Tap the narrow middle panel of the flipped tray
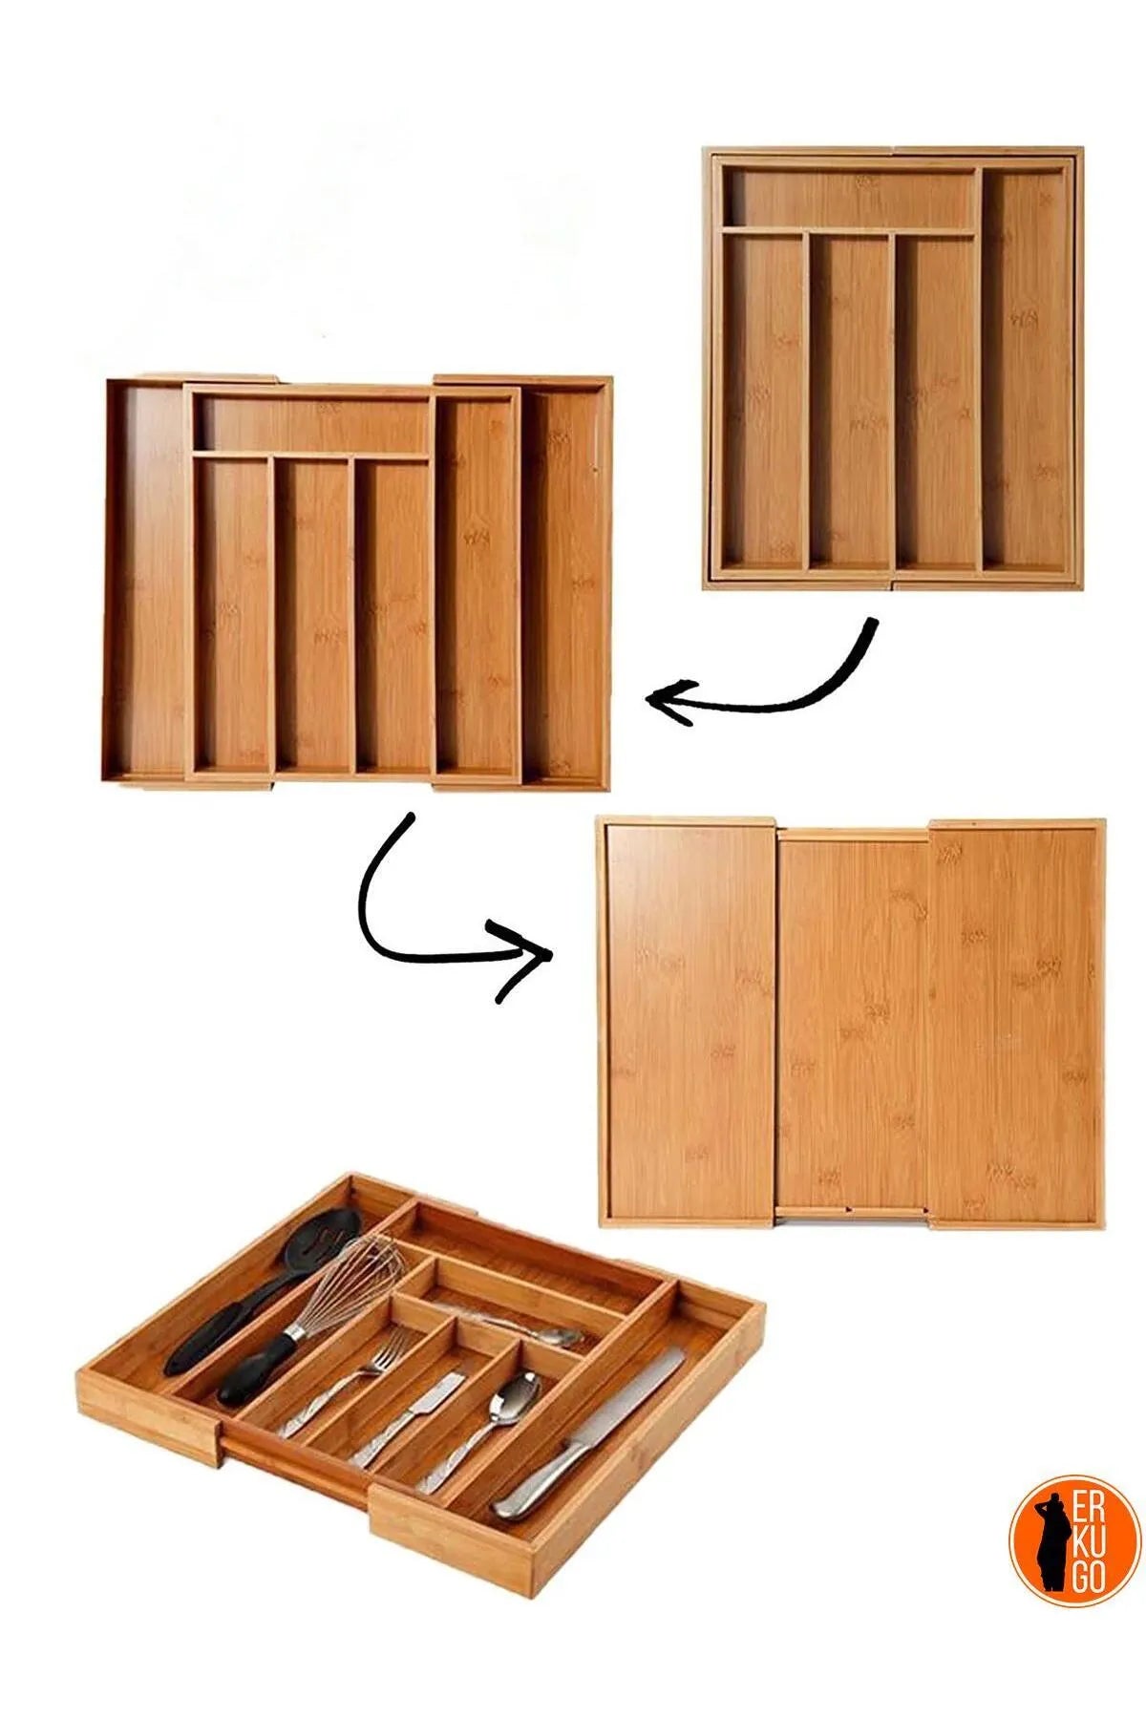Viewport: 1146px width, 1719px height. click(853, 1028)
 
